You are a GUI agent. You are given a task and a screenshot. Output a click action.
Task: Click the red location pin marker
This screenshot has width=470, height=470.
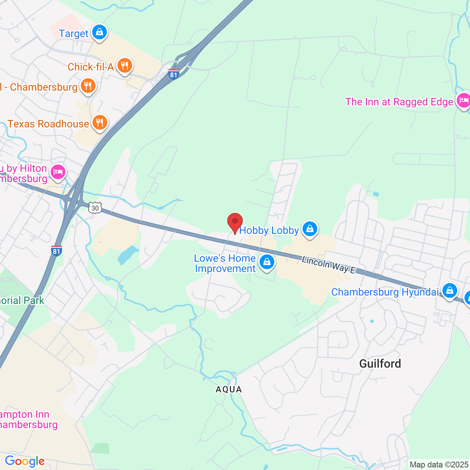point(235,223)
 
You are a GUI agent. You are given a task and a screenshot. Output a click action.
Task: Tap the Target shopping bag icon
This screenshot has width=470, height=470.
point(99,32)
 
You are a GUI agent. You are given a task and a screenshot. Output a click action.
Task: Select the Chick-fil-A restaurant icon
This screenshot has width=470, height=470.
point(125,66)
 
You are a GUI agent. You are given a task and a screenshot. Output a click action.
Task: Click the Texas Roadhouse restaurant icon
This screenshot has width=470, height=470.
point(100,123)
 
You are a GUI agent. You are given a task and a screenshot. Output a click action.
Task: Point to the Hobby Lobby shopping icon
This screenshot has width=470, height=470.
point(310,229)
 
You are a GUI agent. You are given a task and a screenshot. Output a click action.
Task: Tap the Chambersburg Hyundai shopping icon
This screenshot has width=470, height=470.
point(449,291)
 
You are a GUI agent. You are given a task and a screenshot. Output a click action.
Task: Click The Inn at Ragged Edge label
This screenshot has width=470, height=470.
point(399,102)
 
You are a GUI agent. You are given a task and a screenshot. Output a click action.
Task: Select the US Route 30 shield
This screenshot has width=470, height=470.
point(95,208)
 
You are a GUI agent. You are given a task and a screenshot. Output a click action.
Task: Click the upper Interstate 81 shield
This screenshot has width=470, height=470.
point(173,74)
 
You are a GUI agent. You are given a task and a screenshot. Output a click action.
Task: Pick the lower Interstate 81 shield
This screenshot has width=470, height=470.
point(56,251)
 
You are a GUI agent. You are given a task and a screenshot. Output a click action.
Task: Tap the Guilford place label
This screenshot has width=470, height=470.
point(380,364)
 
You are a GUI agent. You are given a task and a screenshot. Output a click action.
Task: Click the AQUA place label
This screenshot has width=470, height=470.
point(229,389)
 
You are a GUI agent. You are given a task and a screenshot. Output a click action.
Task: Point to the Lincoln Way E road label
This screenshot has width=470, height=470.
point(329,265)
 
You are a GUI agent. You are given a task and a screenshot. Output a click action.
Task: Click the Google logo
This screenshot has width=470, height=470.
point(25,461)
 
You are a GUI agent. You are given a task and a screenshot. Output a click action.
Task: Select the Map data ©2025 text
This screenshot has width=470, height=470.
point(439,464)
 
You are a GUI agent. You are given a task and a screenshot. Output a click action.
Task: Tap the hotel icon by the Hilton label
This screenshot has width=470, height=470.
point(58,172)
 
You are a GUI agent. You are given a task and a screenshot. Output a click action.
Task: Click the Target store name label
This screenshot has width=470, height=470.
point(74,33)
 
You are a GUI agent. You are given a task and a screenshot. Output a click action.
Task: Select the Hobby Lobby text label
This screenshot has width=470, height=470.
point(269,230)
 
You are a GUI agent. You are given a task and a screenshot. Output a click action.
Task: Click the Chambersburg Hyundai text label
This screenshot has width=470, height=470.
point(385,292)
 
